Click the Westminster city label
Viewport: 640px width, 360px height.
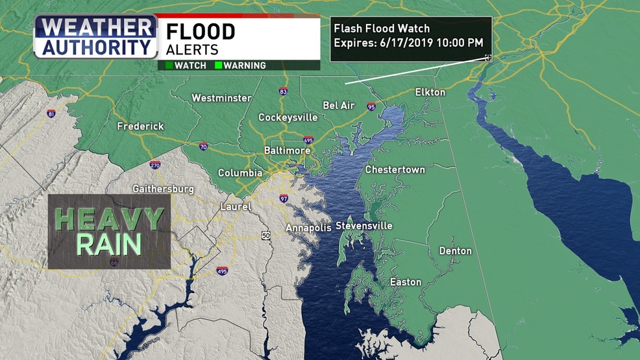(221, 98)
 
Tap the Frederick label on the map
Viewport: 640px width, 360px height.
(140, 126)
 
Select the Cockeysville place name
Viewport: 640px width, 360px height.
(288, 117)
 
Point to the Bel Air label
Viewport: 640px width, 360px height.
(338, 105)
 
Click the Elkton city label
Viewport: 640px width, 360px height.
(430, 92)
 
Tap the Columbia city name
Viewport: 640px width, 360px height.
(240, 173)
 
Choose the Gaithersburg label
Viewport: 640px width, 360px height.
(163, 189)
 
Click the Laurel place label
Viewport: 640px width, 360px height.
(235, 207)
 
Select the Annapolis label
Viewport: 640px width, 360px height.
(309, 228)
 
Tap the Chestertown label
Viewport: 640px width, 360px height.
(395, 169)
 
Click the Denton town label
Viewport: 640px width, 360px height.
(456, 250)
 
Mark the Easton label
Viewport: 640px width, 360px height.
(405, 282)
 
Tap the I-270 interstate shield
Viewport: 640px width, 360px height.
(154, 165)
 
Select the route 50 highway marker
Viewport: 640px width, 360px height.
(266, 235)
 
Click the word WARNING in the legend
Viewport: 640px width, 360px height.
(245, 66)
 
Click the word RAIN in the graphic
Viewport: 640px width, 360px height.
(109, 245)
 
